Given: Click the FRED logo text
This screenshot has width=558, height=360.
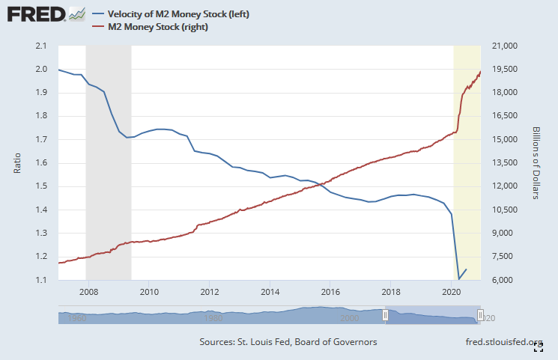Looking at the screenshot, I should pyautogui.click(x=34, y=14).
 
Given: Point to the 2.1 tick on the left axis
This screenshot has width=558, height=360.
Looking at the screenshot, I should pyautogui.click(x=41, y=46).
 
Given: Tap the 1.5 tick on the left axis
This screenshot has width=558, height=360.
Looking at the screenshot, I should pyautogui.click(x=41, y=186).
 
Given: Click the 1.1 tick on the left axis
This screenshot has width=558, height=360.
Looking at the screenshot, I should pyautogui.click(x=41, y=280).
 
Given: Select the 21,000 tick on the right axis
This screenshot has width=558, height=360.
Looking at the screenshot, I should pyautogui.click(x=501, y=46).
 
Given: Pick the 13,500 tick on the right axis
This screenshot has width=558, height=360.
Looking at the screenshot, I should pyautogui.click(x=501, y=163).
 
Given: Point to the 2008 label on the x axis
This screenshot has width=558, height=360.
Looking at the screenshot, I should pyautogui.click(x=88, y=291).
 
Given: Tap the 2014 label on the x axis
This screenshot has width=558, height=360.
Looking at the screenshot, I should pyautogui.click(x=270, y=291).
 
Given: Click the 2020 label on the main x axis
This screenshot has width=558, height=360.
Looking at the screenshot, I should pyautogui.click(x=451, y=291).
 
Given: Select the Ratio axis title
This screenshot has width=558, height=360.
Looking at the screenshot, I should pyautogui.click(x=17, y=162).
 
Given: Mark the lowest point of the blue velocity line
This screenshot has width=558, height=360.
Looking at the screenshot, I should pyautogui.click(x=459, y=279).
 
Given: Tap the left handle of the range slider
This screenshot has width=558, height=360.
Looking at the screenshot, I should pyautogui.click(x=386, y=316).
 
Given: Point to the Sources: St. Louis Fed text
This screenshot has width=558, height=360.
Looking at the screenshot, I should pyautogui.click(x=288, y=342).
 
